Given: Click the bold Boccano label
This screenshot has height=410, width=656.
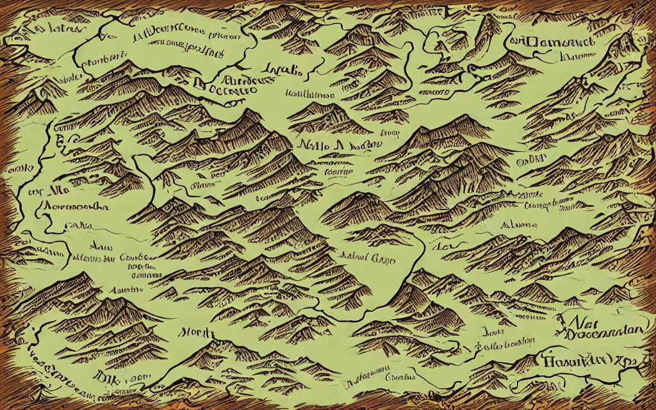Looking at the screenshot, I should tap(226, 90).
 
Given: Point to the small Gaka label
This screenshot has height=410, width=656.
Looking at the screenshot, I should tap(81, 225).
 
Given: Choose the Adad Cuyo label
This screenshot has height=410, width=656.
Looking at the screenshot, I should tap(374, 259).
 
